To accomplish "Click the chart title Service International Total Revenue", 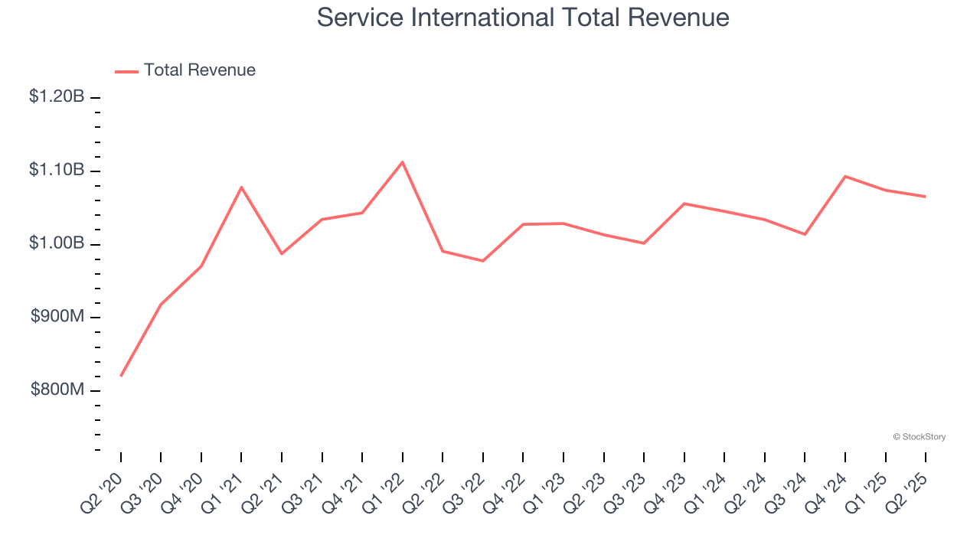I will click(x=523, y=17).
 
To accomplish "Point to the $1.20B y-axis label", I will click(x=57, y=97).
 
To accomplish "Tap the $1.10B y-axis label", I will click(x=57, y=170).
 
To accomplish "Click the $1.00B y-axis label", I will click(x=57, y=243).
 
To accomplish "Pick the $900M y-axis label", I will click(x=57, y=317).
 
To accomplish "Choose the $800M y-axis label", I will click(x=57, y=390).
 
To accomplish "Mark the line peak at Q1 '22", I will click(x=403, y=162).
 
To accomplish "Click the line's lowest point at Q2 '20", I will click(x=121, y=376).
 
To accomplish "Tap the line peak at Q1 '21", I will click(x=241, y=187).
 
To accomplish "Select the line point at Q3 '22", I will click(x=483, y=261).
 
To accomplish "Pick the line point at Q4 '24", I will click(x=845, y=176).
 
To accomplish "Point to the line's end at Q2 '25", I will click(x=925, y=197).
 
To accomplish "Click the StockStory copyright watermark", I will click(x=919, y=437).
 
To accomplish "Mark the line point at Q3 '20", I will click(x=161, y=305).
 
